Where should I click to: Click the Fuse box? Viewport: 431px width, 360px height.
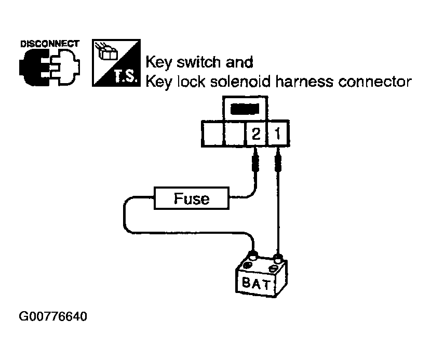(x=192, y=198)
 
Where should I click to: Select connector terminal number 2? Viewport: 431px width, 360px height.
(x=255, y=135)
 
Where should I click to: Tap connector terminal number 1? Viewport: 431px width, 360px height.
(x=278, y=135)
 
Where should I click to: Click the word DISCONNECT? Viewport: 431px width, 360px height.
(x=49, y=43)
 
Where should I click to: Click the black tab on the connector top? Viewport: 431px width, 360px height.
(x=244, y=110)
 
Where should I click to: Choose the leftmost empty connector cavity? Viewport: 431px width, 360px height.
(x=211, y=135)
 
